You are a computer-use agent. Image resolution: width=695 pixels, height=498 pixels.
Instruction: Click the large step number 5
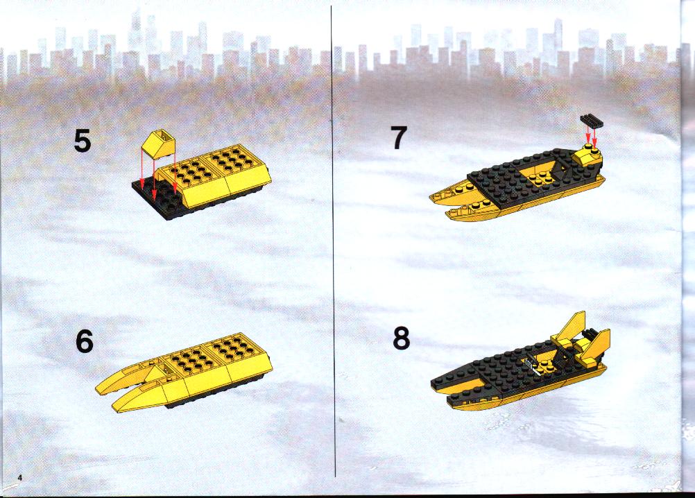coord(83,141)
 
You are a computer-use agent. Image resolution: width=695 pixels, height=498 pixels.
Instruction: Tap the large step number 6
coord(85,342)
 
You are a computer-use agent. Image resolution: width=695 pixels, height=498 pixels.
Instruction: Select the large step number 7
coord(398,138)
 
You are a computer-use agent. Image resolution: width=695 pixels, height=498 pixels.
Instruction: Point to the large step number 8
coord(401,338)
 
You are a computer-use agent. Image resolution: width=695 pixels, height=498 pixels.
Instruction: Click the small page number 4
coord(19,477)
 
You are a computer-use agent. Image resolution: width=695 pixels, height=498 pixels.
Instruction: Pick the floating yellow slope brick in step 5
coord(158,144)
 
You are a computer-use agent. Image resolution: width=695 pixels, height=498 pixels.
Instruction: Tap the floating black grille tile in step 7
coord(592,121)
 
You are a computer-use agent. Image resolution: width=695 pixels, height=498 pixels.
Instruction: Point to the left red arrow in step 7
coord(587,135)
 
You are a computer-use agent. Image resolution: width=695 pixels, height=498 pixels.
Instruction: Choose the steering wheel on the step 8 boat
coord(530,363)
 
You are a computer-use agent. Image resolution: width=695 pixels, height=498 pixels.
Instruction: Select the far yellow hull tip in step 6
coord(99,390)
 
